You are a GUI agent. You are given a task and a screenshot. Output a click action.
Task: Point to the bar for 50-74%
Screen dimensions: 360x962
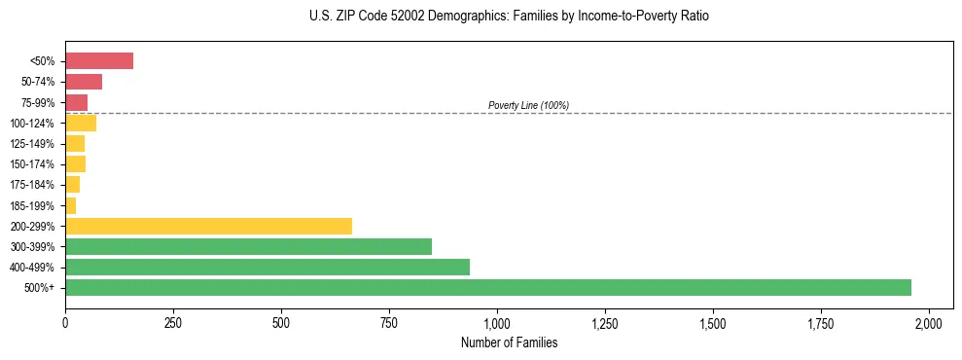point(84,82)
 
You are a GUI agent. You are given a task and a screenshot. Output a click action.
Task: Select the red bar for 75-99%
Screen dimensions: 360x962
point(76,102)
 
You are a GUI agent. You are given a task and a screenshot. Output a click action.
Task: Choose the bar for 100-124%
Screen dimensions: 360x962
point(81,123)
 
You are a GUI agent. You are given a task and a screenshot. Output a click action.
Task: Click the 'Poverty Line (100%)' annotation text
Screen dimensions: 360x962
point(528,105)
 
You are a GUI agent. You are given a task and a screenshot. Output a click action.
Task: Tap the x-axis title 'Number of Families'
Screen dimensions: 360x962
point(509,342)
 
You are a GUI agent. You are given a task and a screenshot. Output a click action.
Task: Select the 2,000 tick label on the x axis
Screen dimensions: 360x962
point(929,322)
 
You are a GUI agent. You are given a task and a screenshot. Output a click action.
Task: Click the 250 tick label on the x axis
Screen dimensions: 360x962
point(173,322)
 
